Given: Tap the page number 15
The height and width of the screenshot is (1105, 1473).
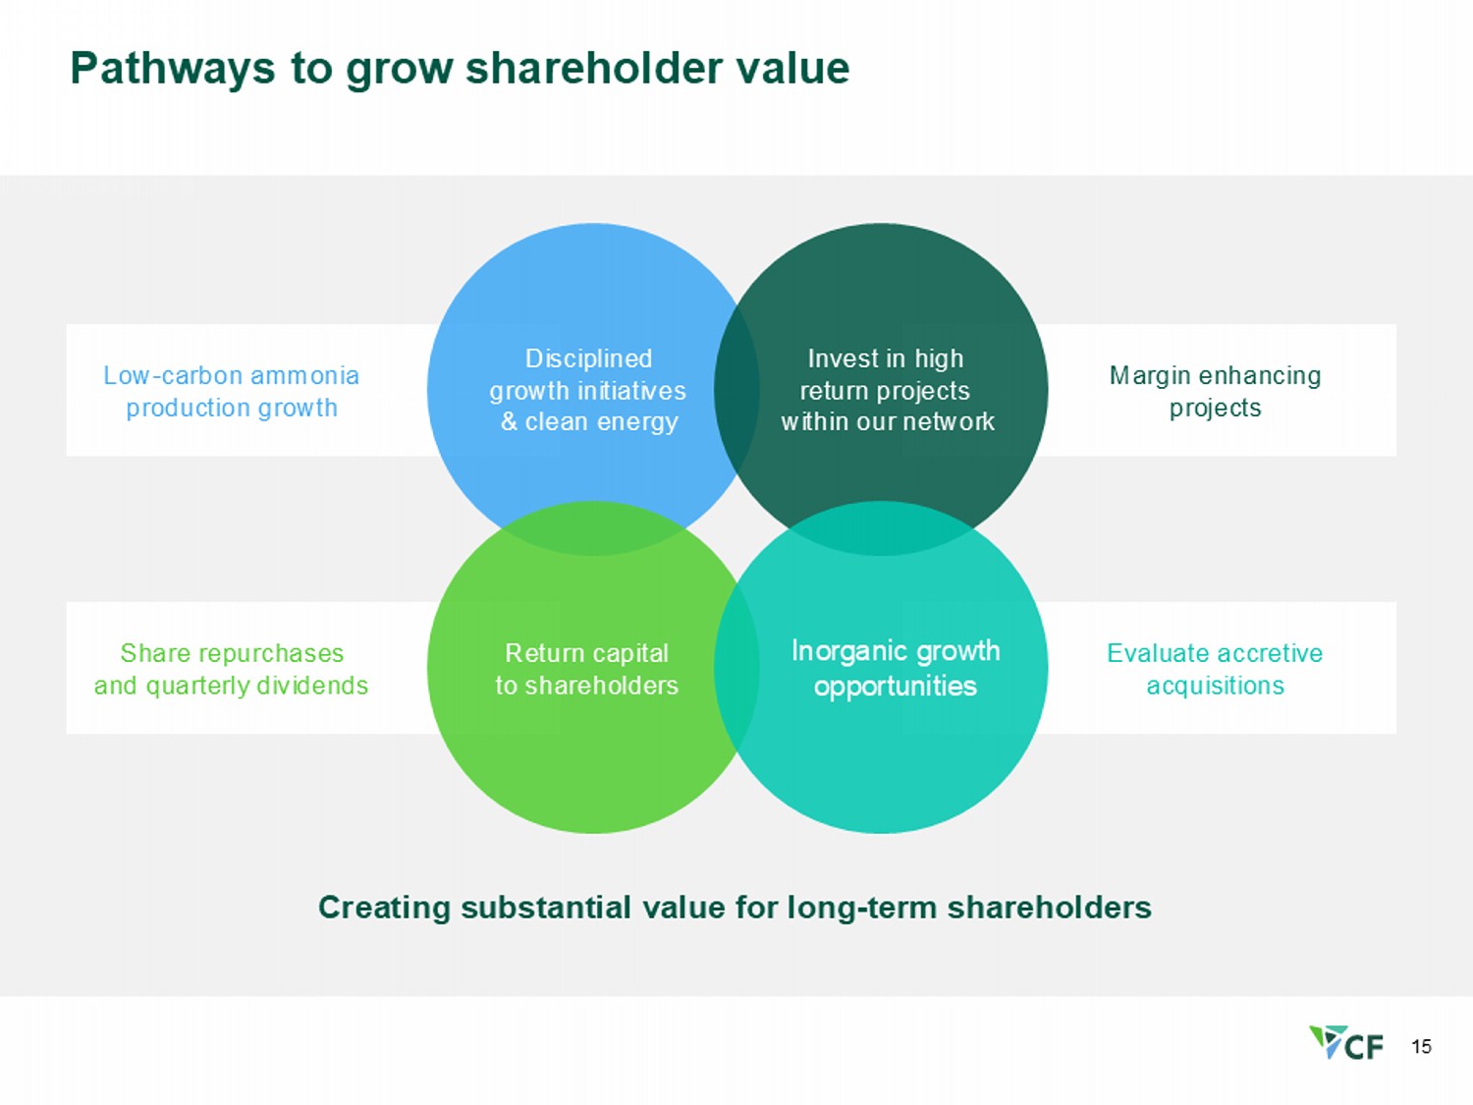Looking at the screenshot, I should pyautogui.click(x=1421, y=1047).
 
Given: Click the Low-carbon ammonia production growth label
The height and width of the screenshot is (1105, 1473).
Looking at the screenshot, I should pyautogui.click(x=232, y=391).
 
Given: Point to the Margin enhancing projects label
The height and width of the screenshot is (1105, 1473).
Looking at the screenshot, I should pyautogui.click(x=1215, y=391).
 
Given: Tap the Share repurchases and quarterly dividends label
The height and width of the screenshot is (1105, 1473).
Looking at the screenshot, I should pyautogui.click(x=232, y=669).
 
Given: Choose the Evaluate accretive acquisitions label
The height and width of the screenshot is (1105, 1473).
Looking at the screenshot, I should pyautogui.click(x=1215, y=669).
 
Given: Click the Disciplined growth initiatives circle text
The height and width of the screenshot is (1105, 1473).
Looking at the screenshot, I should pyautogui.click(x=588, y=390).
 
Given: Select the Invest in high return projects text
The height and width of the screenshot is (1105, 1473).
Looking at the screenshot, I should pyautogui.click(x=886, y=390).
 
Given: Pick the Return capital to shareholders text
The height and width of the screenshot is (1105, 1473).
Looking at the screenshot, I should pyautogui.click(x=586, y=669).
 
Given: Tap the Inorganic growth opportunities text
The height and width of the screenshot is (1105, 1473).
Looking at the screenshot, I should pyautogui.click(x=895, y=668).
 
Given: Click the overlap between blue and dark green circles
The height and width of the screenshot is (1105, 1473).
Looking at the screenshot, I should pyautogui.click(x=736, y=390).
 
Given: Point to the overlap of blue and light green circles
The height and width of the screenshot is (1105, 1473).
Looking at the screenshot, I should pyautogui.click(x=593, y=528).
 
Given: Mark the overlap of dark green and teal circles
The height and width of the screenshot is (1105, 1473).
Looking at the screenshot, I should pyautogui.click(x=881, y=528).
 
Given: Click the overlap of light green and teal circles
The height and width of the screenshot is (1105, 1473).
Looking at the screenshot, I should pyautogui.click(x=736, y=668).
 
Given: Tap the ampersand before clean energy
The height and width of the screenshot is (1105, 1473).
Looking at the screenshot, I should pyautogui.click(x=509, y=422).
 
